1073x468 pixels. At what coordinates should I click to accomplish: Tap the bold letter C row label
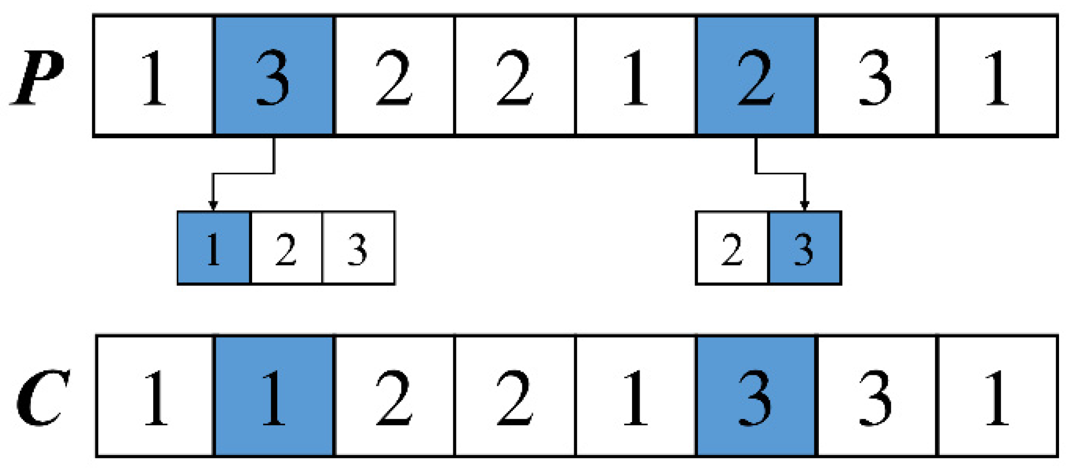(42, 398)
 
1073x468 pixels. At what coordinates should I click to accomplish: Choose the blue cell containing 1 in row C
(274, 396)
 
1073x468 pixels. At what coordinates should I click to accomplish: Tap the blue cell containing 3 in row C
(756, 396)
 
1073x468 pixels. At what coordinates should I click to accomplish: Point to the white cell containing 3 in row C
(877, 396)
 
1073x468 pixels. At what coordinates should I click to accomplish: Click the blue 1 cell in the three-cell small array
(214, 248)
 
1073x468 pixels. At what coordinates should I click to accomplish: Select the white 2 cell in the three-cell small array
(286, 248)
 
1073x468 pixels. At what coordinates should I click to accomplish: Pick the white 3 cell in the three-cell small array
(358, 248)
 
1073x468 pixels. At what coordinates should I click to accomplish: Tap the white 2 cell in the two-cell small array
(732, 248)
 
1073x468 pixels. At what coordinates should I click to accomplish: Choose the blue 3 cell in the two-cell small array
(805, 248)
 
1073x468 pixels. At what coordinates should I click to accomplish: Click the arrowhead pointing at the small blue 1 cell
(213, 205)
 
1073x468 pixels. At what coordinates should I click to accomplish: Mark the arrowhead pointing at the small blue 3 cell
(804, 205)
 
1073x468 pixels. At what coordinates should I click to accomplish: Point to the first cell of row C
(155, 396)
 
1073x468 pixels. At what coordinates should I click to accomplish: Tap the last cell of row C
(998, 396)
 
